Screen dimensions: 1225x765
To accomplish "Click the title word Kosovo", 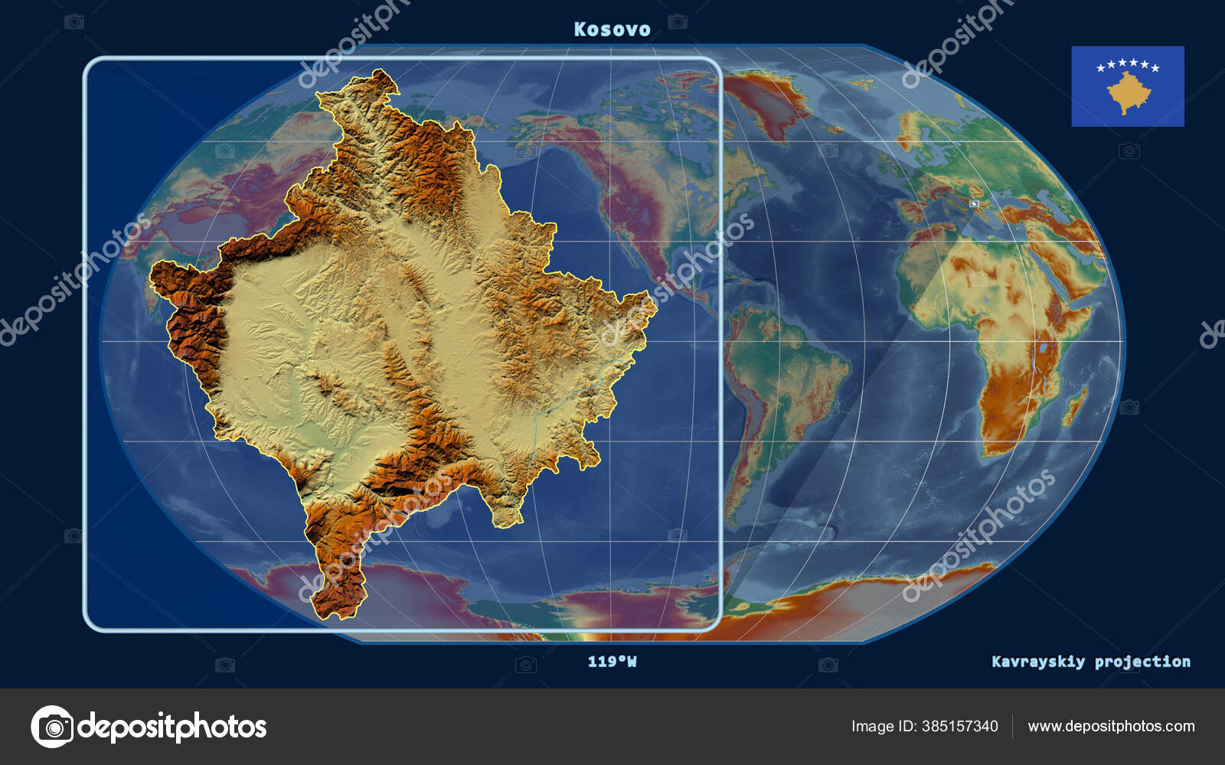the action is (612, 29).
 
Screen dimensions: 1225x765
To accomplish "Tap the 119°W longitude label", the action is (612, 661).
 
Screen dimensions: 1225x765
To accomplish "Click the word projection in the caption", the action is (1142, 661).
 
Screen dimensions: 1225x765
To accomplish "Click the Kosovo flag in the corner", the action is (1127, 86).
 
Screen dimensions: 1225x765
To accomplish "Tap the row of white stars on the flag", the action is (1128, 65).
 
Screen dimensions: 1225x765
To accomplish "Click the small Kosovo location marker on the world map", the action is (974, 204).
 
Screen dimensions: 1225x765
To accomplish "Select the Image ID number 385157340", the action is (961, 726).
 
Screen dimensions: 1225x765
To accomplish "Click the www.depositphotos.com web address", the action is (1111, 726).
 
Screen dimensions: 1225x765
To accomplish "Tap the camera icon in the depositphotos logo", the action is (52, 726).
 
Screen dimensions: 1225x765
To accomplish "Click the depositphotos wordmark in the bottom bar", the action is (172, 726).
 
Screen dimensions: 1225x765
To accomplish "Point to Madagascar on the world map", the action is (1074, 405).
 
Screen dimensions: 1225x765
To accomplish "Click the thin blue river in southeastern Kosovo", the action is (567, 398).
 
